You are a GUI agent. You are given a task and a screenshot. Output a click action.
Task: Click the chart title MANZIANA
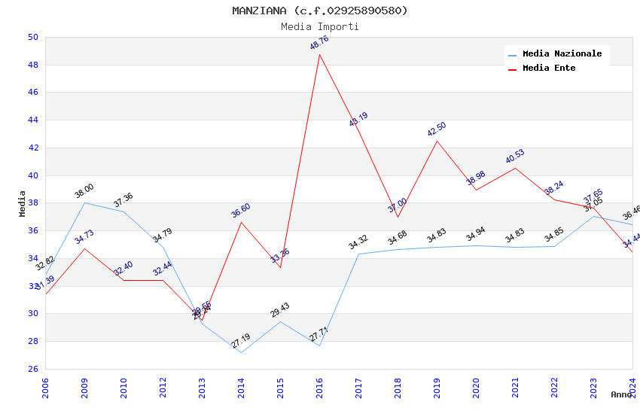click(x=319, y=11)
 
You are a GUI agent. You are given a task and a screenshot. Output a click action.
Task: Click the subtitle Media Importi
click(x=319, y=26)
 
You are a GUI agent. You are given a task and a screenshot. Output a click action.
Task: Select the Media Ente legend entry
click(x=548, y=68)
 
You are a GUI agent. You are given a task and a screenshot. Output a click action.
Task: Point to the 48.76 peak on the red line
click(x=319, y=54)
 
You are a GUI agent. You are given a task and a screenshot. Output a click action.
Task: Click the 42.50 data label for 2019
click(x=437, y=129)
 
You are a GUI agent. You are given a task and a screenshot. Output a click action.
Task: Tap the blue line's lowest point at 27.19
click(x=241, y=352)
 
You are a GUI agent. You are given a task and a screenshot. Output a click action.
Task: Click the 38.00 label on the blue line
click(x=84, y=190)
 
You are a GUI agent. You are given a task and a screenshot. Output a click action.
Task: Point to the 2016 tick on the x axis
click(x=319, y=388)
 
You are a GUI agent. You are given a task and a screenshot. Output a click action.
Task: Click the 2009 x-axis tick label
click(x=84, y=388)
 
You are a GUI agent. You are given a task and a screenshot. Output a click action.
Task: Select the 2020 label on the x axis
click(x=476, y=388)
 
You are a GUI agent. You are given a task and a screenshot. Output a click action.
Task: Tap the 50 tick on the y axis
click(x=32, y=37)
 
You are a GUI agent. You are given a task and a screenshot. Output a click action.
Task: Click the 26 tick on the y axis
click(x=32, y=369)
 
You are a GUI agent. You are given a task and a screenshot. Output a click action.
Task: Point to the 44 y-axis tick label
click(x=32, y=120)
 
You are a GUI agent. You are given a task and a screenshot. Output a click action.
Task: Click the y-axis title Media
click(x=23, y=203)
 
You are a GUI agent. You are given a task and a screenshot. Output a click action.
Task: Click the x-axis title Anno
click(x=621, y=394)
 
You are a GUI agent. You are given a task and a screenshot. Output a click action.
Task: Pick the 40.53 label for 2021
click(x=515, y=157)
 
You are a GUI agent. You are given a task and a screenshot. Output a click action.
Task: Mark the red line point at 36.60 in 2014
click(x=241, y=222)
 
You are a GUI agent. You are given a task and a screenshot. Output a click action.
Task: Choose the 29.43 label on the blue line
click(x=280, y=310)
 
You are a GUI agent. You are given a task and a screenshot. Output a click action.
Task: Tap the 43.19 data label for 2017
click(x=358, y=119)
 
